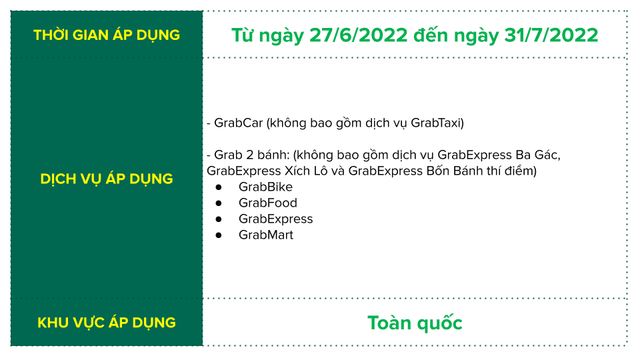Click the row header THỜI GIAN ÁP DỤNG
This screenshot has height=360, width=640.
[x=107, y=35]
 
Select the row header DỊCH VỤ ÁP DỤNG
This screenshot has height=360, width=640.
[x=107, y=179]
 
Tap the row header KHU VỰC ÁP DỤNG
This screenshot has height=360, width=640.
[x=107, y=323]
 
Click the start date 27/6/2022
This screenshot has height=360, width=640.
[x=359, y=35]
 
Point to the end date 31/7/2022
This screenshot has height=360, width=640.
[x=551, y=35]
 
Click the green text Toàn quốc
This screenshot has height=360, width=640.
[x=415, y=323]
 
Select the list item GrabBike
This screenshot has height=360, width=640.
[x=266, y=187]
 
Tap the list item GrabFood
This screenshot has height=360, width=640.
[x=268, y=203]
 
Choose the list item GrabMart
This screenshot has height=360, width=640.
[x=266, y=235]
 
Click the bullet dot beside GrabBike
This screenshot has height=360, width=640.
[x=219, y=187]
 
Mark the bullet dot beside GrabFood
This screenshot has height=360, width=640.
[x=219, y=203]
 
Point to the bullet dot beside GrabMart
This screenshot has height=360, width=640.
[x=219, y=235]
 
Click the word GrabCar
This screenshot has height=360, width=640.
[x=239, y=123]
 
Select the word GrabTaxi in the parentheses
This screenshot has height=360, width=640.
[x=435, y=123]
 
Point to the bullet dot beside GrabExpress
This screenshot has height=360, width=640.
[x=219, y=219]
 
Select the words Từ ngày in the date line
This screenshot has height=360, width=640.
[x=268, y=35]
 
